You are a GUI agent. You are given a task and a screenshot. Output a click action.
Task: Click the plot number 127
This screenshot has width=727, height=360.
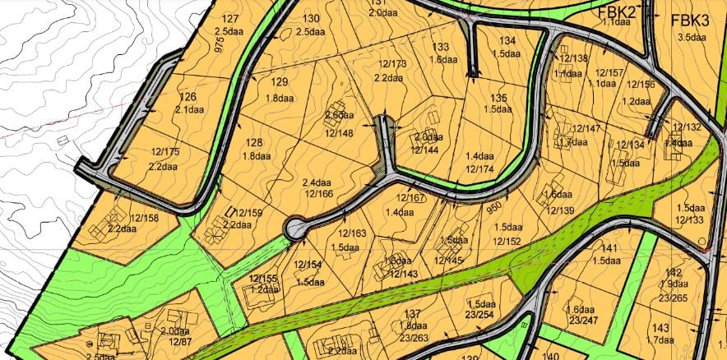[x=230, y=19]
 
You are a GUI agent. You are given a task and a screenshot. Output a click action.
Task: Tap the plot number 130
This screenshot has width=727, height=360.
[x=312, y=19]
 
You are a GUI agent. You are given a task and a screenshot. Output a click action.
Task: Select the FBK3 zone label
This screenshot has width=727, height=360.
[x=689, y=21]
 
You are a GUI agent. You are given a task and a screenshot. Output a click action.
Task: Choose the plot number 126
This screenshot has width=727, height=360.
[x=188, y=97]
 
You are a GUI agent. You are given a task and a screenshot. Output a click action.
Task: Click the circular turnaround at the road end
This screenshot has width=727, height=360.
[x=295, y=228]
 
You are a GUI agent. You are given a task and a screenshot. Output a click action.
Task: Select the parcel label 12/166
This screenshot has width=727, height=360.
[x=318, y=195]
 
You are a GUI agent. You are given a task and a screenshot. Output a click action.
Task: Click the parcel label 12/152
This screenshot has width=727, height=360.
[x=507, y=240]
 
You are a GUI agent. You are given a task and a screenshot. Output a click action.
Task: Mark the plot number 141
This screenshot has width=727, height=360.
[x=609, y=248]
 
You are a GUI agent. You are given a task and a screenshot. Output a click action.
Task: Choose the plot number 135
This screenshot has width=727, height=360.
[x=498, y=98]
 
